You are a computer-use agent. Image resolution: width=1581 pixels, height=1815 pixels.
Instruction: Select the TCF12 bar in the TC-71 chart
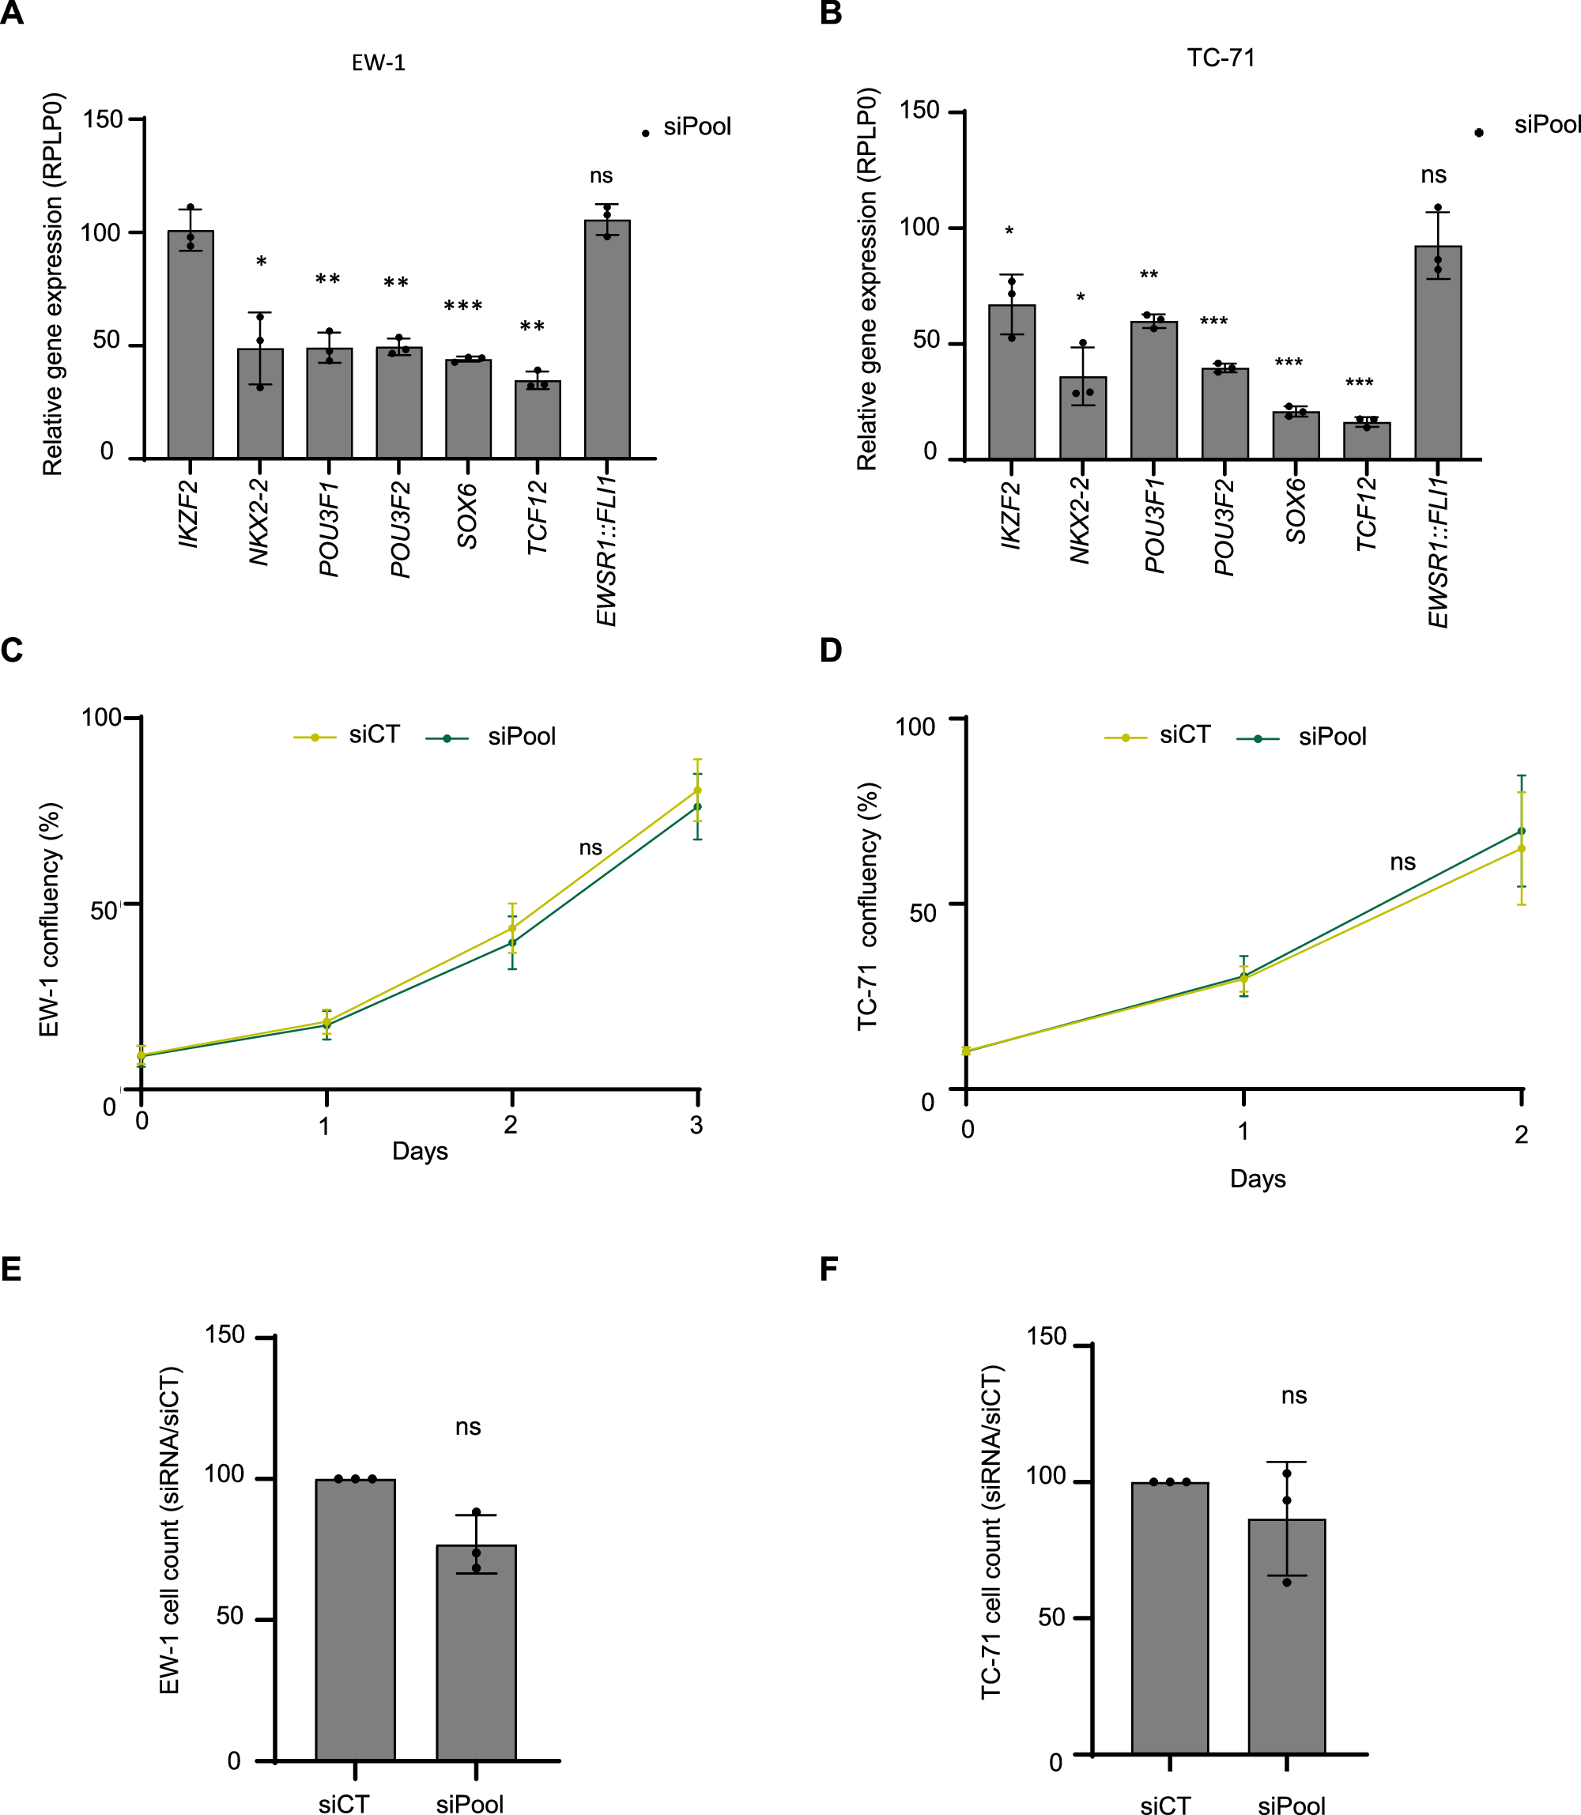tap(1366, 440)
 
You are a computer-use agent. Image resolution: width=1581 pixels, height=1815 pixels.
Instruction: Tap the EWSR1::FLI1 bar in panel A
tap(607, 340)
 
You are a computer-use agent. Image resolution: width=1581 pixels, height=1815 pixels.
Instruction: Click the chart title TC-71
tap(1221, 58)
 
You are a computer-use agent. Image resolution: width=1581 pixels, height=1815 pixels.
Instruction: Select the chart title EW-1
tap(379, 62)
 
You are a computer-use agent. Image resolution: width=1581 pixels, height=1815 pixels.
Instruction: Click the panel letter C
tap(13, 651)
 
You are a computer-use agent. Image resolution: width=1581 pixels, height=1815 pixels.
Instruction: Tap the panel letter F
tap(828, 1270)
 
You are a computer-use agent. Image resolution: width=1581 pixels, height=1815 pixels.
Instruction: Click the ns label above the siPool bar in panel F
tap(1293, 1395)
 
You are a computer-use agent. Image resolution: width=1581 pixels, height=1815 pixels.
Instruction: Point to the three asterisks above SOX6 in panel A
tap(463, 306)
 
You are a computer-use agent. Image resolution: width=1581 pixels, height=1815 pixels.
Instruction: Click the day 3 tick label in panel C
tap(696, 1125)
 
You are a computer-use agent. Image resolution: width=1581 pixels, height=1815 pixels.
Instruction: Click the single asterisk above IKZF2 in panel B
tap(1009, 231)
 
